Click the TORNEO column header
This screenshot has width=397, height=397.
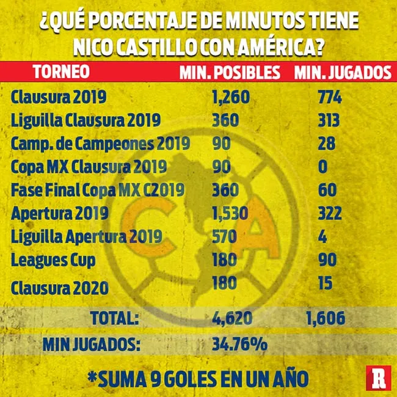coord(60,72)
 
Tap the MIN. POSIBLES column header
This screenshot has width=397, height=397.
coord(230,72)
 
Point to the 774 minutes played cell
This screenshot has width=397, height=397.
coord(330,97)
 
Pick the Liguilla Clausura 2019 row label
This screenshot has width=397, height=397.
coord(86,120)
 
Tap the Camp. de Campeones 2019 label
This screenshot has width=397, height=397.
coord(100,144)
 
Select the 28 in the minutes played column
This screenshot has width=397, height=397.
coord(327,144)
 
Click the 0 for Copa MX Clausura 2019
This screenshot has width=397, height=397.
coord(322,167)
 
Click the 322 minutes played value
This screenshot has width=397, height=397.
coord(330,213)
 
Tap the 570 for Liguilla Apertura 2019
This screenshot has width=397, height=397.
coord(225,236)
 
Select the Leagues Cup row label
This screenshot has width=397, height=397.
coord(53,260)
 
